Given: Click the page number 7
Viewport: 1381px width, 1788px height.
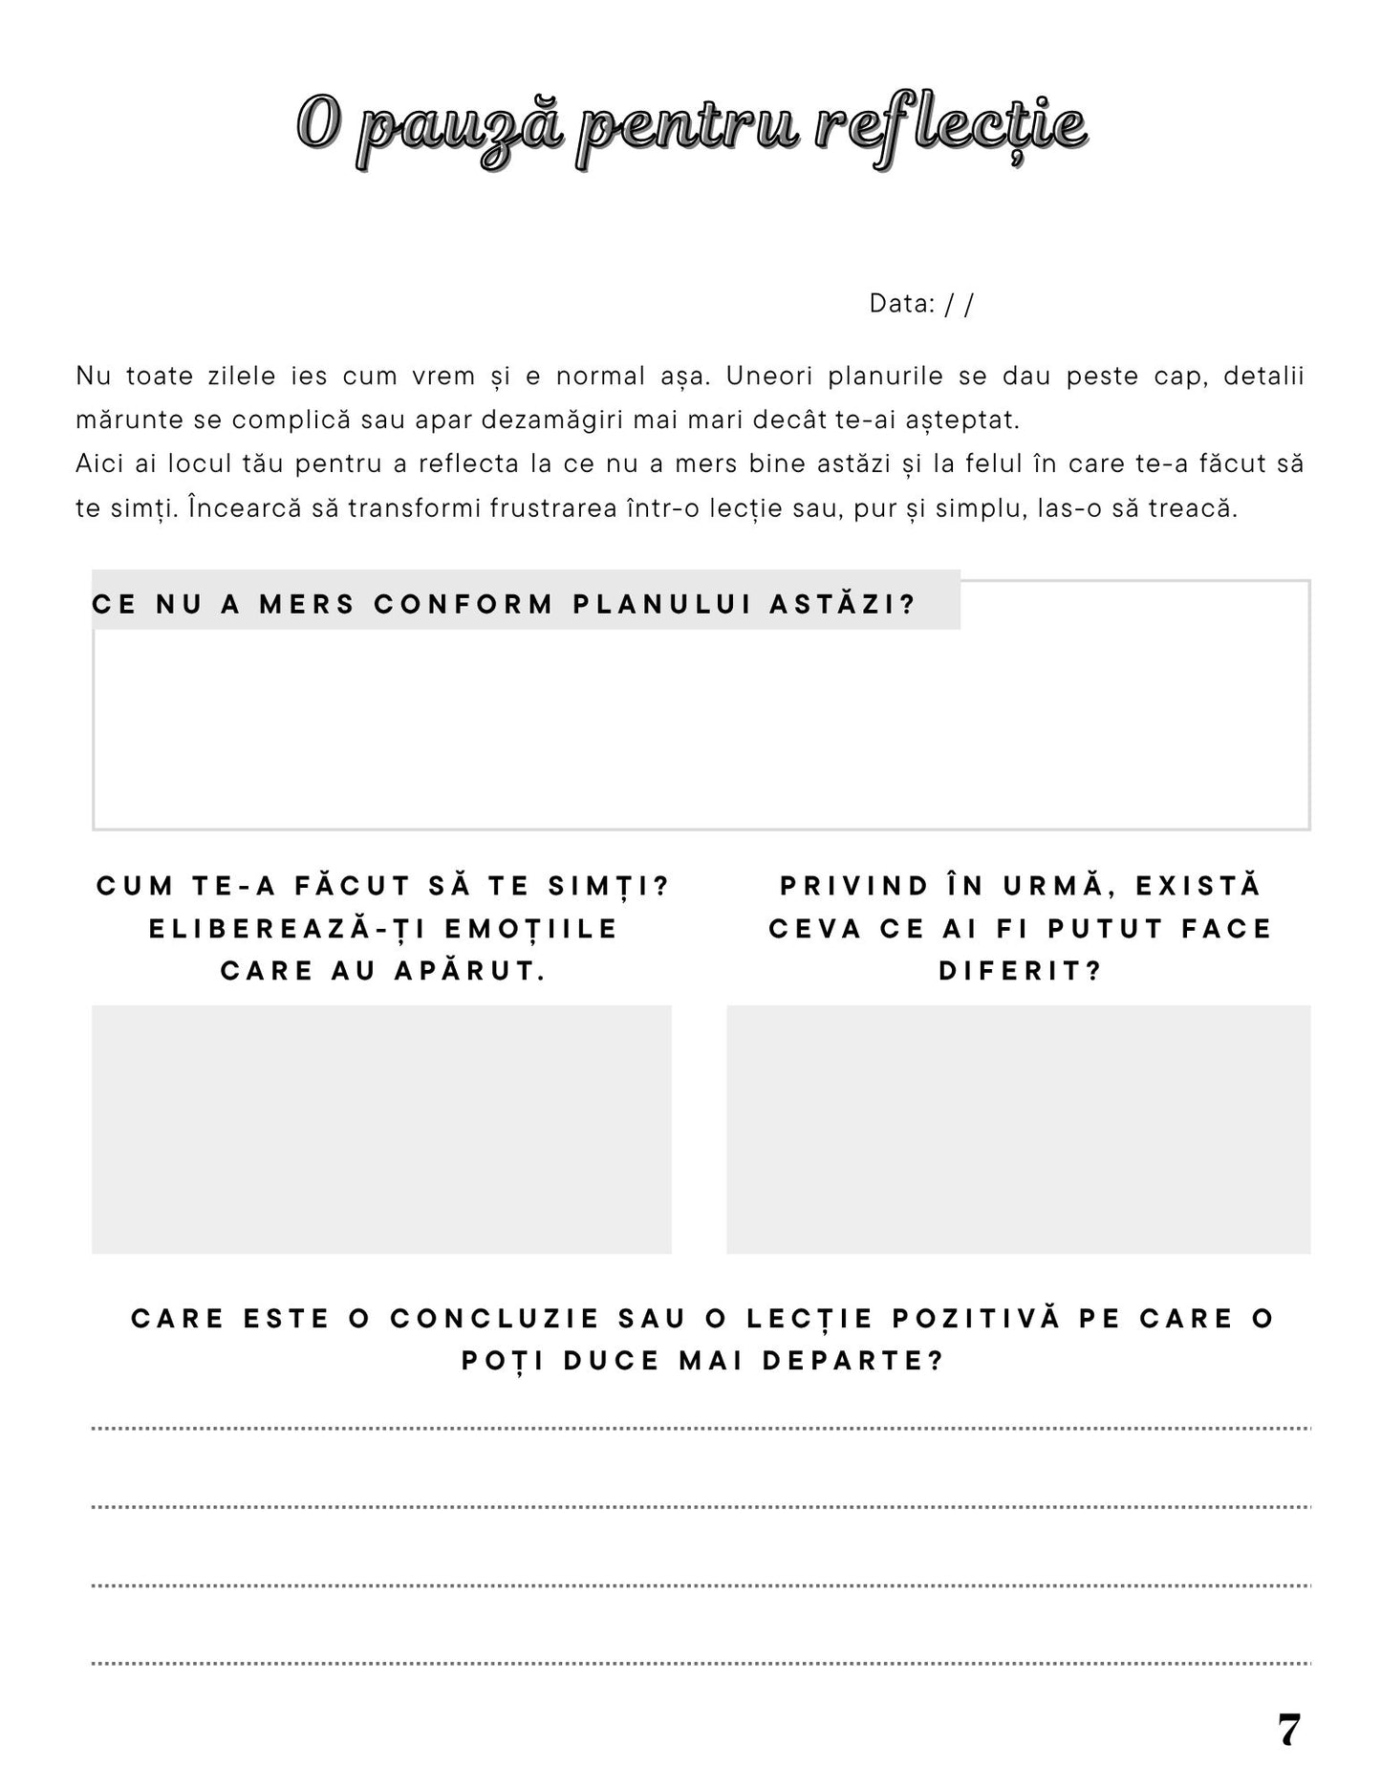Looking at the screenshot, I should point(1288,1731).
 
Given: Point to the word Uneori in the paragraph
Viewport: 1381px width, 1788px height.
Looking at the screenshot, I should point(767,376).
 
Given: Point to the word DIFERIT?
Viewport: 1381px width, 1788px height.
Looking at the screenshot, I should point(1021,971).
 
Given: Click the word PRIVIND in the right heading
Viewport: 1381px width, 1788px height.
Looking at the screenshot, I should point(855,886).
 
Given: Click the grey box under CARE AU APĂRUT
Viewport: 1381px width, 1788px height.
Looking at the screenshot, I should point(381,1129).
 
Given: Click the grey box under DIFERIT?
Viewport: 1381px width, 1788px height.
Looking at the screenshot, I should point(1018,1129).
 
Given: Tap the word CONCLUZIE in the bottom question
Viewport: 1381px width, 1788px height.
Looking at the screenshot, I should point(495,1319).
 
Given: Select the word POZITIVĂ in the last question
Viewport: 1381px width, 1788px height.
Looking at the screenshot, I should point(977,1319).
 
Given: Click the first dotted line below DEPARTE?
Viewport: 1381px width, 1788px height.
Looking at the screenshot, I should point(701,1429).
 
